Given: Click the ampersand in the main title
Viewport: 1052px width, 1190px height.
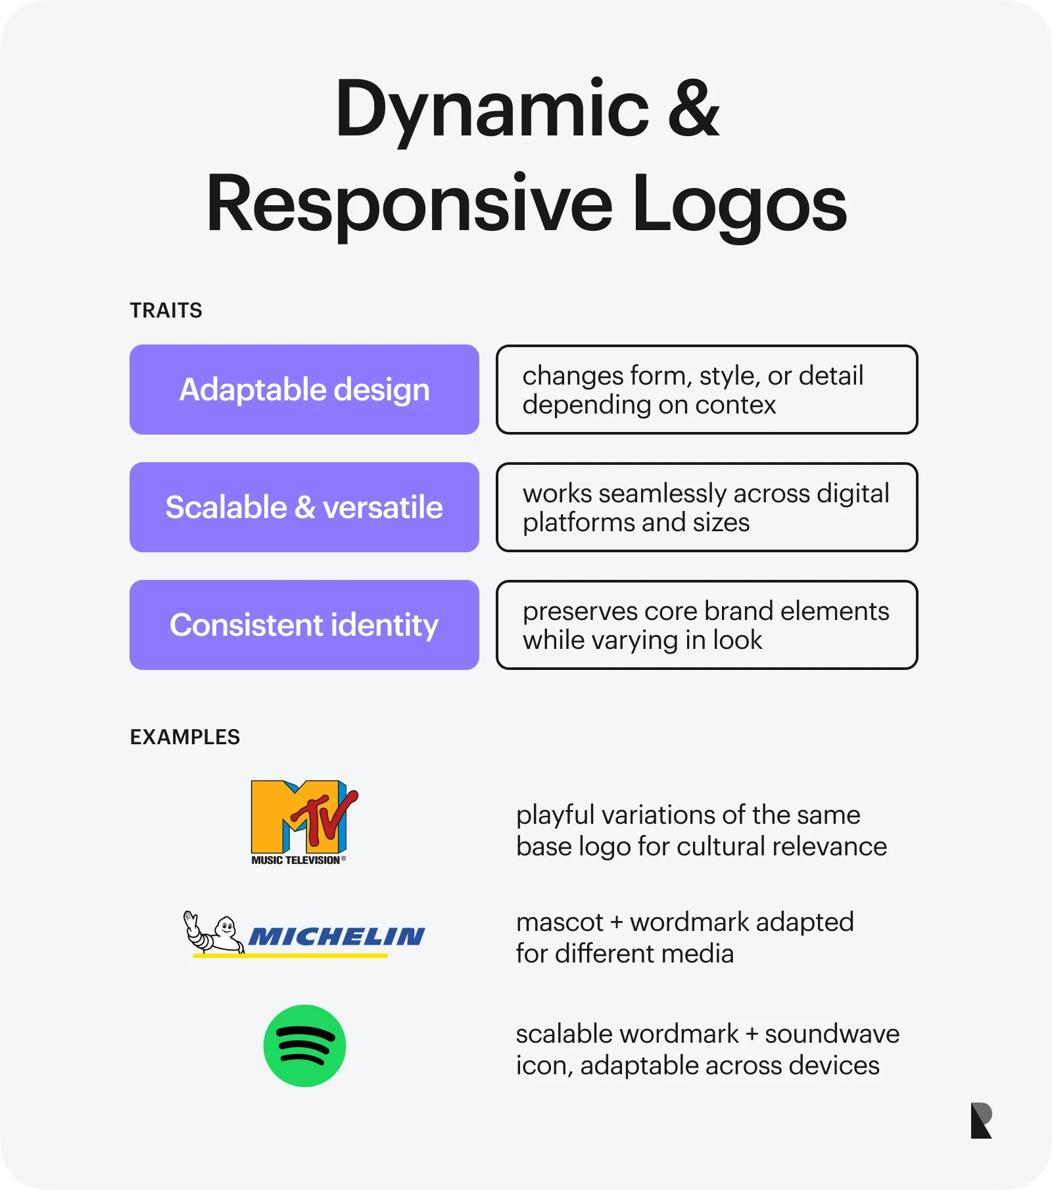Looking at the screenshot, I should (x=693, y=108).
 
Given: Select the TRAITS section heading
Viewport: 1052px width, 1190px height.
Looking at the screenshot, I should (x=166, y=310).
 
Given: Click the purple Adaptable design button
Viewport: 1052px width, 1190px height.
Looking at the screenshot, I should (x=304, y=389).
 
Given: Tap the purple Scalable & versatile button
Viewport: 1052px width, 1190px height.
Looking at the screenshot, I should (x=304, y=507).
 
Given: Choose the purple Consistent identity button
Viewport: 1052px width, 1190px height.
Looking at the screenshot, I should (x=304, y=625).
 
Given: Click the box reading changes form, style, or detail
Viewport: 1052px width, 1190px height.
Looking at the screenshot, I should (x=707, y=389).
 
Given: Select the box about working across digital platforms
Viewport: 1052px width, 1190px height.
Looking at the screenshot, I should (x=707, y=507).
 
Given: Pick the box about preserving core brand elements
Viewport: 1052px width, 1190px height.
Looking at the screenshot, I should (x=707, y=625).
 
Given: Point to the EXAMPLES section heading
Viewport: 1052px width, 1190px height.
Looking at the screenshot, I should (x=185, y=737).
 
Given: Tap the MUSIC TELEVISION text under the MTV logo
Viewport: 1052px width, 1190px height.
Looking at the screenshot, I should (x=296, y=860).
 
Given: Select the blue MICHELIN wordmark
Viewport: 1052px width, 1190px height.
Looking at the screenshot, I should (x=337, y=936).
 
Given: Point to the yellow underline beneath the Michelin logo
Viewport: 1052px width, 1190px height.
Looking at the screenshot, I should (x=289, y=955).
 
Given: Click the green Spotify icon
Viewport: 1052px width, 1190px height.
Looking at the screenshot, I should (x=304, y=1045).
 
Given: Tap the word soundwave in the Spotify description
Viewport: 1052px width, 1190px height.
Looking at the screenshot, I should (x=832, y=1034).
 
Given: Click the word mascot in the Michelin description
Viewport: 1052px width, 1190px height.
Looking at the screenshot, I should (x=559, y=922).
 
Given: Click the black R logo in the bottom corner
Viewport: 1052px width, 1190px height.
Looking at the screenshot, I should (x=980, y=1120).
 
